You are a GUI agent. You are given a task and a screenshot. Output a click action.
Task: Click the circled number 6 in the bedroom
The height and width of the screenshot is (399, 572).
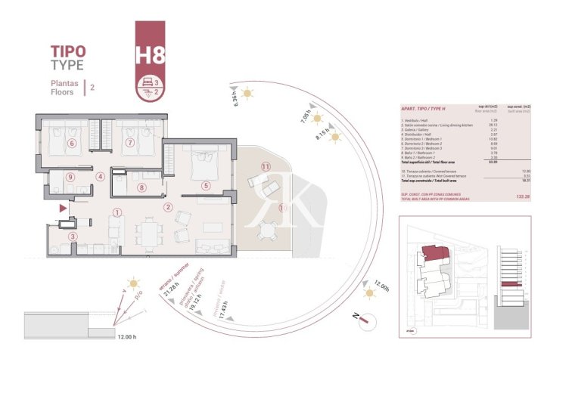tap(73, 143)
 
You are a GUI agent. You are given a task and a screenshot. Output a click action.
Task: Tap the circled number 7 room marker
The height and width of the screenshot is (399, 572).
tap(129, 142)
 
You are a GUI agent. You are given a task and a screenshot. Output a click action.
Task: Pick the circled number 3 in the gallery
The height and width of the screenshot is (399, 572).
tap(73, 237)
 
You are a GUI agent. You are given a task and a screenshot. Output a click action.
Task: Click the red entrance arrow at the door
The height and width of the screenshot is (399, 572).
tap(63, 206)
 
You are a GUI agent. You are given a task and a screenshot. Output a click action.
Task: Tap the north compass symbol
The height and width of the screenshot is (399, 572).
tap(365, 319)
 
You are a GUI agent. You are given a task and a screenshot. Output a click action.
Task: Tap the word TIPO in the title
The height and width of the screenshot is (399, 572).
tap(68, 51)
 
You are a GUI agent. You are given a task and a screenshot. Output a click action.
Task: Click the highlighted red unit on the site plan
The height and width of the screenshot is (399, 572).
tap(434, 253)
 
